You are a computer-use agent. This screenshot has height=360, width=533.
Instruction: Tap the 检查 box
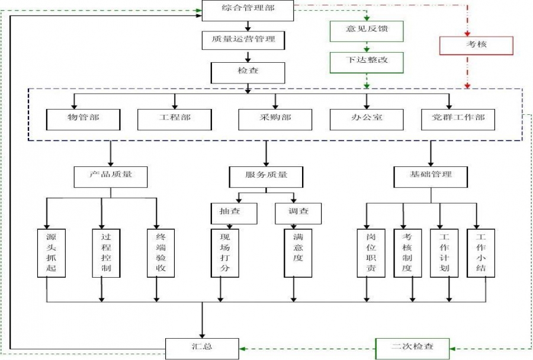pos(248,72)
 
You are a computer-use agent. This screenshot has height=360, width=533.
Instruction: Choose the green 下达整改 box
pos(367,62)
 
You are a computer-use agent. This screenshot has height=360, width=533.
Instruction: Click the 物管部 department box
pos(84,118)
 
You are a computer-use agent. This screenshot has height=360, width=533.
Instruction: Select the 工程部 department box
pos(175,118)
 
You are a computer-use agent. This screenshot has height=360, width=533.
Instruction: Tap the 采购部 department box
pos(275,118)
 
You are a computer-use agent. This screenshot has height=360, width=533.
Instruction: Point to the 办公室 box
pos(367,118)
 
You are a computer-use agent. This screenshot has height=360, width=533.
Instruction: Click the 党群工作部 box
pos(458,118)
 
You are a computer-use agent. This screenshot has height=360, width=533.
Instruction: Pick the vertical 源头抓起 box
pos(51,253)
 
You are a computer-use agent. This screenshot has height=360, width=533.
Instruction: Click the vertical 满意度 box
pos(298,253)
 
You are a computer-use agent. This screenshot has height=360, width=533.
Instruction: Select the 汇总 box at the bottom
pos(202,348)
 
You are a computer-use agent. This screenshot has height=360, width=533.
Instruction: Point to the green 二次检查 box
pos(412,348)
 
